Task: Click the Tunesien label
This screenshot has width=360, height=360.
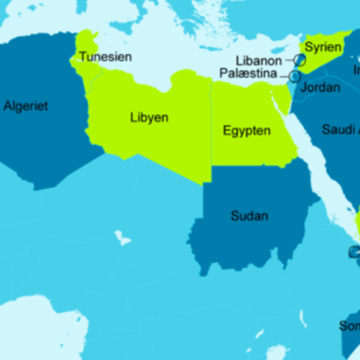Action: pyautogui.click(x=106, y=57)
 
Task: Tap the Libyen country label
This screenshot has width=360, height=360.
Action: pyautogui.click(x=149, y=118)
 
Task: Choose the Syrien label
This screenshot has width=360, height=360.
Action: pyautogui.click(x=323, y=47)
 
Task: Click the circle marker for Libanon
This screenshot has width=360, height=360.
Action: pyautogui.click(x=299, y=59)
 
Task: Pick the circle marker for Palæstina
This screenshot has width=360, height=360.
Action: pyautogui.click(x=294, y=76)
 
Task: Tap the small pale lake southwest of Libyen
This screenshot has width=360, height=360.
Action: pyautogui.click(x=121, y=238)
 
